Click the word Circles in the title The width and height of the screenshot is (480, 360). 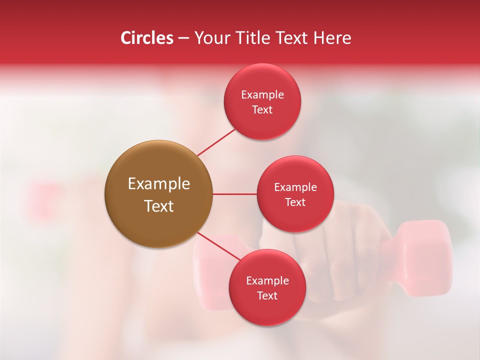point(147,38)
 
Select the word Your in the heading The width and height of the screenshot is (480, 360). point(211,38)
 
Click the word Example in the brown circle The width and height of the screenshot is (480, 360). point(159,184)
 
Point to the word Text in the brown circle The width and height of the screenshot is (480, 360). point(159,206)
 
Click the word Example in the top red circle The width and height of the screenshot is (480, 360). point(262,95)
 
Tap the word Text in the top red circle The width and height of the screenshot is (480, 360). point(262,110)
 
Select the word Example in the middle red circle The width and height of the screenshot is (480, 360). point(295,187)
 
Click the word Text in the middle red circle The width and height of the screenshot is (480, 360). point(295,202)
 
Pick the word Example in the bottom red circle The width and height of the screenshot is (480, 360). point(267,281)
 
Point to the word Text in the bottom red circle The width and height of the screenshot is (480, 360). point(267,296)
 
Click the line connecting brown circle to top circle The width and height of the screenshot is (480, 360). point(216,142)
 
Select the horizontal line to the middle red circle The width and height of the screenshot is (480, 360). point(234,194)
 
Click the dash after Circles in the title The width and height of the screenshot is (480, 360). point(183,38)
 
